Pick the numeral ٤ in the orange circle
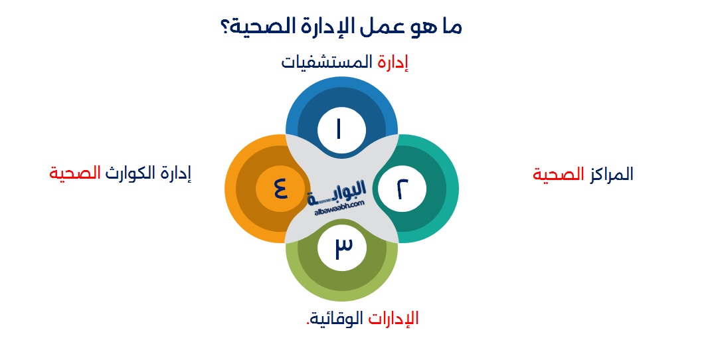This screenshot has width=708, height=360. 280,189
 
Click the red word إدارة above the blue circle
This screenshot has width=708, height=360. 393,63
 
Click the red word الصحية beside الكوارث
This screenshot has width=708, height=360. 75,174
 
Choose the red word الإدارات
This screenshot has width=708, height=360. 393,319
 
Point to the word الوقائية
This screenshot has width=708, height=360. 337,319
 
